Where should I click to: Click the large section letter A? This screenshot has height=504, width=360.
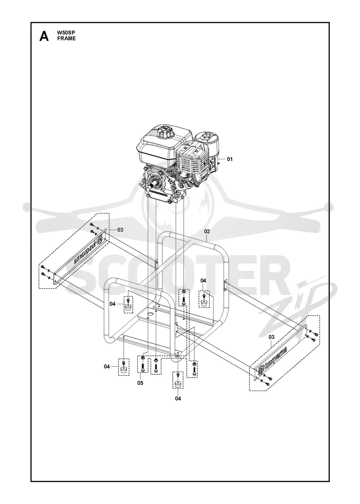tap(44, 36)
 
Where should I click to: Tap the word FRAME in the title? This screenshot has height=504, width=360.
tap(67, 39)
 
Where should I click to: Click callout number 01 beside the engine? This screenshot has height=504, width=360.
tap(229, 159)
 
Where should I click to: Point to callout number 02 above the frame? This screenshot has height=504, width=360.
tap(207, 231)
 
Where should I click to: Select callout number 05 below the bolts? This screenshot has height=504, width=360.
tap(140, 383)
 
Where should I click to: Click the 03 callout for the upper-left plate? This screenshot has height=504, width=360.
tap(120, 230)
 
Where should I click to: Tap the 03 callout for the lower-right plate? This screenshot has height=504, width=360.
tap(272, 337)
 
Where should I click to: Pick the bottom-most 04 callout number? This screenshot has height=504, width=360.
tap(178, 399)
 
